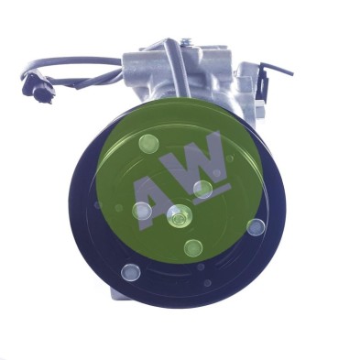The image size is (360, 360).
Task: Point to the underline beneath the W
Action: [x=213, y=193]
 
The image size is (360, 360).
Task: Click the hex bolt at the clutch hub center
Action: [x=177, y=217]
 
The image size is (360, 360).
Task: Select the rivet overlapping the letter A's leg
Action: [x=142, y=211]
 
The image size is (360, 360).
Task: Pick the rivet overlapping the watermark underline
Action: [x=202, y=190]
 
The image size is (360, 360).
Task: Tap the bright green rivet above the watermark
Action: [x=148, y=143]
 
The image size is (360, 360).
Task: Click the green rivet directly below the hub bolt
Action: [x=193, y=248]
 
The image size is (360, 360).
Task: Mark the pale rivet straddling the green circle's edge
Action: [x=256, y=227]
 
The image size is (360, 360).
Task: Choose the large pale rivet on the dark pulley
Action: [x=131, y=272]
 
